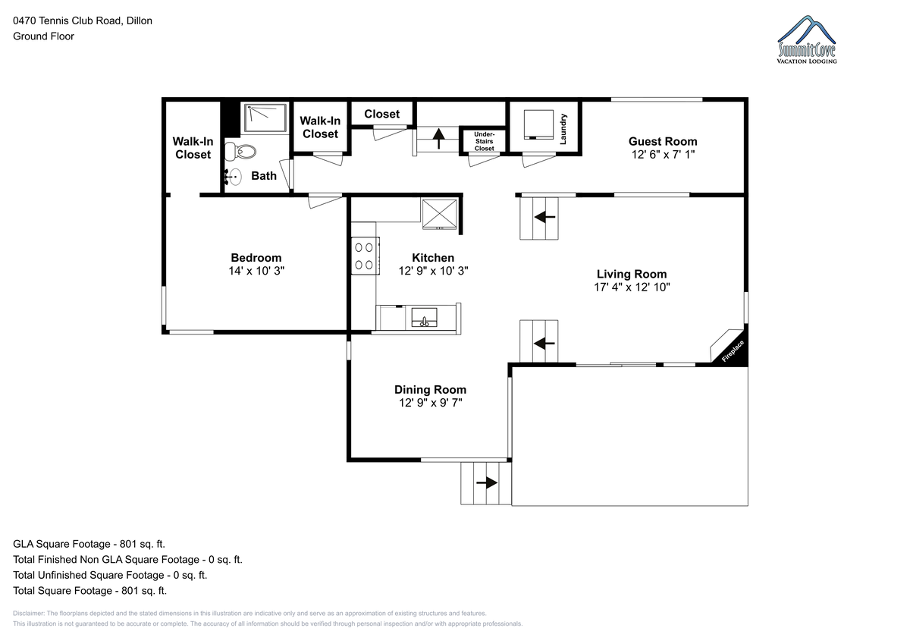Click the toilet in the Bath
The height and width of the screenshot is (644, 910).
240,151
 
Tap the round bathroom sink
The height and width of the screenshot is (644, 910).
234,177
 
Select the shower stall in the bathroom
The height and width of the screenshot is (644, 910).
265,118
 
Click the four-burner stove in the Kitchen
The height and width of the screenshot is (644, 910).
366,256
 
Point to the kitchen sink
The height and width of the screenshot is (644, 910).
424,317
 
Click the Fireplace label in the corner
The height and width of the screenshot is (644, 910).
733,351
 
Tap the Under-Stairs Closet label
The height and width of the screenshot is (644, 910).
485,141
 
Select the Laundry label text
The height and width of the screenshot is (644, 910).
563,129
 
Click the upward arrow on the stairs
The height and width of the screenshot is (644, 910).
438,139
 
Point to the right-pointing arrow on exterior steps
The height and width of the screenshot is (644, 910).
487,482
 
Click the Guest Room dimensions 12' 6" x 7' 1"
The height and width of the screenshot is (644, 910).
663,155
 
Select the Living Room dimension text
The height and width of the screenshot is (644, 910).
632,287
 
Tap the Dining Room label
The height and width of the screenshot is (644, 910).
430,390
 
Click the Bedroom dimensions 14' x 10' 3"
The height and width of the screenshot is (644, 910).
256,271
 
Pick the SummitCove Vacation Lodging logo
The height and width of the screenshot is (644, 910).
807,39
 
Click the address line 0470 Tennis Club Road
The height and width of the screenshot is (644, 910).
83,20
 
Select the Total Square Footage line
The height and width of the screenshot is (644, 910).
89,591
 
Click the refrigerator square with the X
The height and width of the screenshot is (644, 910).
440,214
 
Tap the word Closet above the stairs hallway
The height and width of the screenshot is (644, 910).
382,115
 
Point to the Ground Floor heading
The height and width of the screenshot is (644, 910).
43,36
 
